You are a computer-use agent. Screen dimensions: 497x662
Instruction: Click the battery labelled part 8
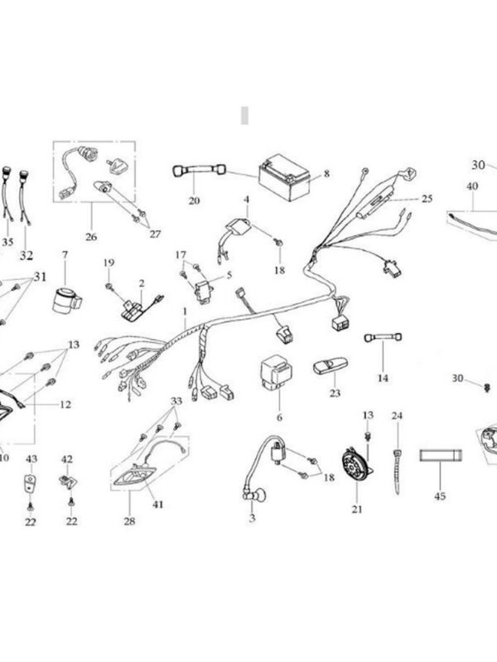pyautogui.click(x=284, y=179)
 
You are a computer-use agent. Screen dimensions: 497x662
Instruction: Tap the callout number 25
pyautogui.click(x=427, y=198)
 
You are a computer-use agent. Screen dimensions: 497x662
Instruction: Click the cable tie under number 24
pyautogui.click(x=397, y=471)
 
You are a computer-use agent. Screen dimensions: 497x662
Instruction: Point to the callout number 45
pyautogui.click(x=440, y=495)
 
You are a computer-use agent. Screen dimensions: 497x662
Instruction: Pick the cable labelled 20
pyautogui.click(x=199, y=170)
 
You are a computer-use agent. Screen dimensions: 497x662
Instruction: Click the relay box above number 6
pyautogui.click(x=276, y=371)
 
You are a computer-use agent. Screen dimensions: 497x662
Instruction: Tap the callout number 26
pyautogui.click(x=91, y=236)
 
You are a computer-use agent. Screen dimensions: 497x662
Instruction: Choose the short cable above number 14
pyautogui.click(x=383, y=337)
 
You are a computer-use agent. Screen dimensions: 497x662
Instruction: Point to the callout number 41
pyautogui.click(x=158, y=504)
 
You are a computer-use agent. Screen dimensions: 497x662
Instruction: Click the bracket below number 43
pyautogui.click(x=30, y=482)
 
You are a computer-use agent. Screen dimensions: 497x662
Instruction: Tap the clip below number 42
pyautogui.click(x=68, y=481)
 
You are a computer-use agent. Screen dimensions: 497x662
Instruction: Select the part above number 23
pyautogui.click(x=331, y=365)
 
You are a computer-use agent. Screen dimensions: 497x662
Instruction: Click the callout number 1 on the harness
pyautogui.click(x=185, y=312)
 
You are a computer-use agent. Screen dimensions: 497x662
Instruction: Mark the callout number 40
pyautogui.click(x=472, y=186)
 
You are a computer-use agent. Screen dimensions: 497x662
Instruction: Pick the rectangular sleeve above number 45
pyautogui.click(x=441, y=456)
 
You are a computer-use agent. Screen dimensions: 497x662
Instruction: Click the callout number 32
pyautogui.click(x=26, y=255)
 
